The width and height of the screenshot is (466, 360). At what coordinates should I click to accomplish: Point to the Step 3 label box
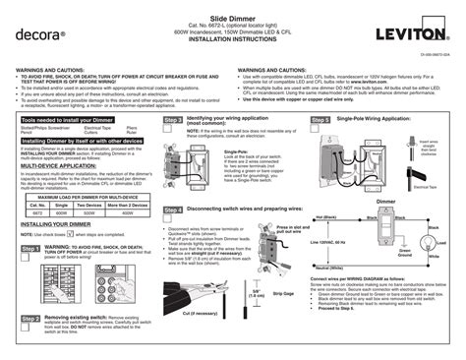[x=173, y=147]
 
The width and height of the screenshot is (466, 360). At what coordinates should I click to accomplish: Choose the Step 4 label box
[x=173, y=210]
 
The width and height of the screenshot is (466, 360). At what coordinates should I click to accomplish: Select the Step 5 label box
[x=320, y=147]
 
